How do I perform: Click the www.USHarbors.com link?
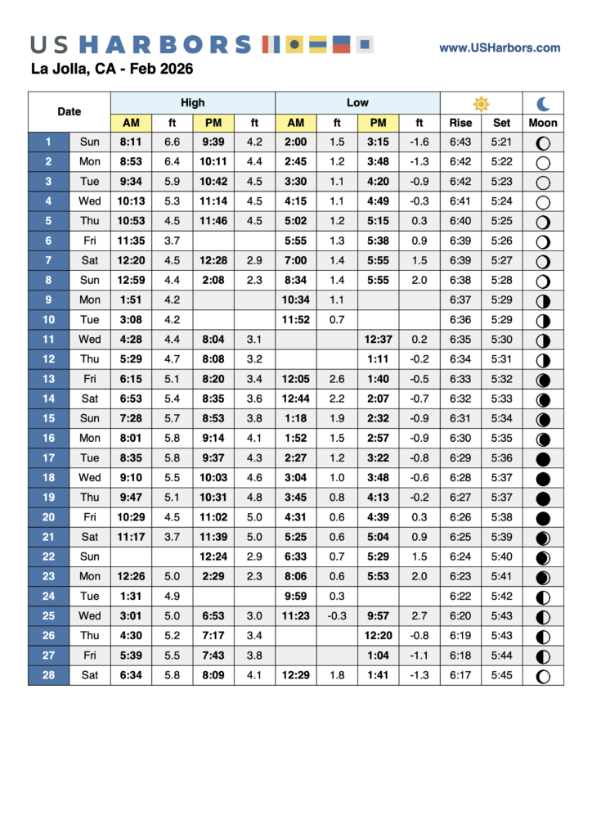[500, 48]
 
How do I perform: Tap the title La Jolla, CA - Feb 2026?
[111, 69]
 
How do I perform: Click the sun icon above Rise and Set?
[481, 103]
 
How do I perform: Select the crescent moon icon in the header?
[543, 103]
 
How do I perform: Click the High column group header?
[193, 103]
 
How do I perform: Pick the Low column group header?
[357, 103]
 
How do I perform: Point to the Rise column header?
[460, 123]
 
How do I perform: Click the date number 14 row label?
[48, 399]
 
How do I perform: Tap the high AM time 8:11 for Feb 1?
[131, 142]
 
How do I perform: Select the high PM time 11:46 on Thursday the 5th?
[213, 221]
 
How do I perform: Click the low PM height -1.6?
[419, 142]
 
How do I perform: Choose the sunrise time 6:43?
[460, 142]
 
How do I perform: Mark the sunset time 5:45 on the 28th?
[501, 676]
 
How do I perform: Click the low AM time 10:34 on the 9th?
[295, 300]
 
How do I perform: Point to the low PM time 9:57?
[378, 616]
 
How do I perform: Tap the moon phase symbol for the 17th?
[543, 458]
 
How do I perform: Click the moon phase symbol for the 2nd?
[543, 162]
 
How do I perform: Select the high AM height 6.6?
[173, 142]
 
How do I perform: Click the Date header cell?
[70, 112]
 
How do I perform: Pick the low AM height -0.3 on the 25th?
[337, 616]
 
